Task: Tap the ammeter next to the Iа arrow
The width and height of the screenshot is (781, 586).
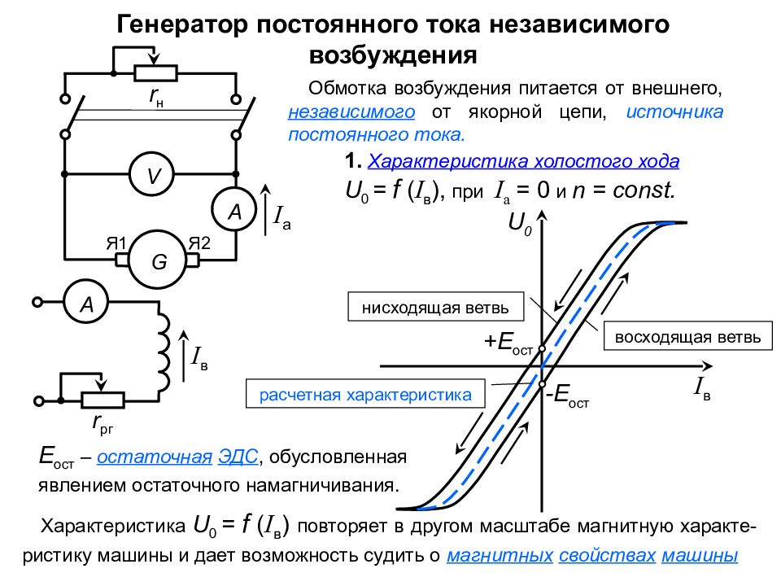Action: coord(235,212)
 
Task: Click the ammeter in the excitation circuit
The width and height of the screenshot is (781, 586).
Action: coord(86,304)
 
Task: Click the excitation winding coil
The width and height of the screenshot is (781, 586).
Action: coord(165,352)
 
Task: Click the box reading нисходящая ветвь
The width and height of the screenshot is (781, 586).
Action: coord(436,308)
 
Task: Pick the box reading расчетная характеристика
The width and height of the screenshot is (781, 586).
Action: coord(365,395)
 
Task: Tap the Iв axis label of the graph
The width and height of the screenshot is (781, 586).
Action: coord(702,388)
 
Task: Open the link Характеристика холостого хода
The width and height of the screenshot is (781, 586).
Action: coord(524,160)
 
